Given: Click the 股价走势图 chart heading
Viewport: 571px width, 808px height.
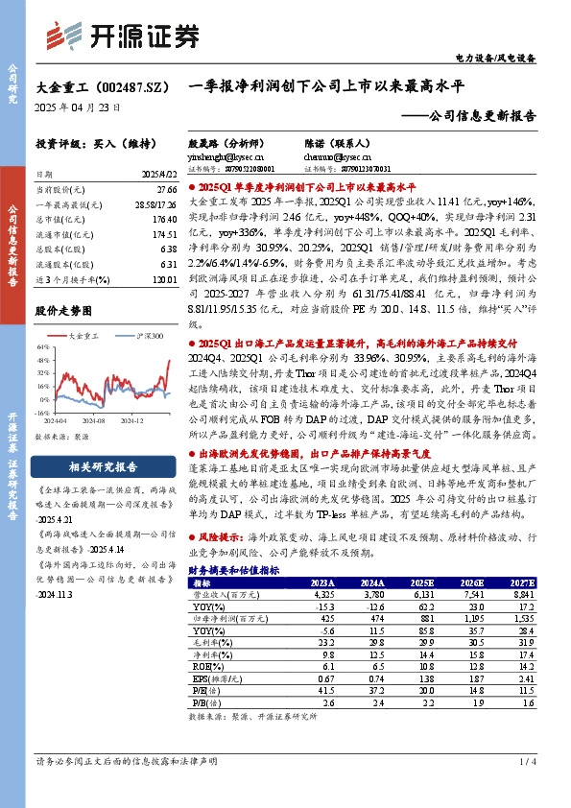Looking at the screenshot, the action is pyautogui.click(x=66, y=312).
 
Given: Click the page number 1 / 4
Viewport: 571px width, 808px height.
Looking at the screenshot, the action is pyautogui.click(x=528, y=761).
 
